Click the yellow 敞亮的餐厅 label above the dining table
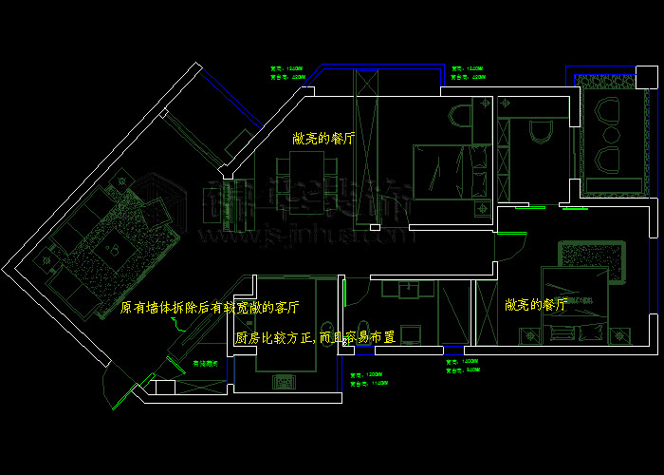coord(323,138)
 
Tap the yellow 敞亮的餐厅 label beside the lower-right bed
coord(536,305)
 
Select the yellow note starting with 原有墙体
coord(210,308)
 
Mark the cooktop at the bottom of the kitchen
coord(285,381)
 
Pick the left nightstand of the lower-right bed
coord(527,334)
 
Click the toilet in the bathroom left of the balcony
coord(540,130)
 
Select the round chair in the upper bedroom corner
coord(460,116)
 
